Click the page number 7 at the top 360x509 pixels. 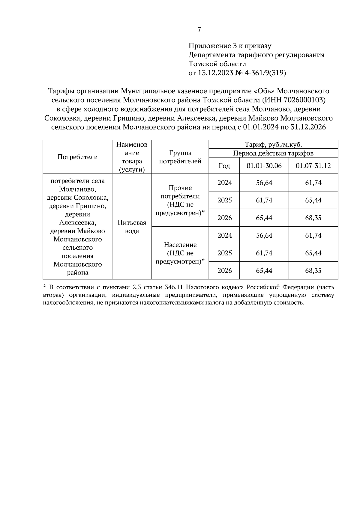(199, 29)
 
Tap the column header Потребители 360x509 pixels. (77, 157)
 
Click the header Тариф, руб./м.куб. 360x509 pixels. (273, 144)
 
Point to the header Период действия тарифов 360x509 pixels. (273, 153)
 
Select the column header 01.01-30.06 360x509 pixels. (264, 166)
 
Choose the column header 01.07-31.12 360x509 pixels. (313, 166)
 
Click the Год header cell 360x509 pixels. (224, 166)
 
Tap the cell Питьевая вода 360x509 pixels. (132, 227)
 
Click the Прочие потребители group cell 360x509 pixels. (180, 200)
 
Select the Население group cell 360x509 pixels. (180, 253)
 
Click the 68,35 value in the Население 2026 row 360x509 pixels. (313, 271)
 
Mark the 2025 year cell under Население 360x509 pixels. (224, 253)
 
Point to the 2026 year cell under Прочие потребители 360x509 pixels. (224, 218)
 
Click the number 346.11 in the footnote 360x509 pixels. (174, 287)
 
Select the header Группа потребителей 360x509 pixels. (180, 157)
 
